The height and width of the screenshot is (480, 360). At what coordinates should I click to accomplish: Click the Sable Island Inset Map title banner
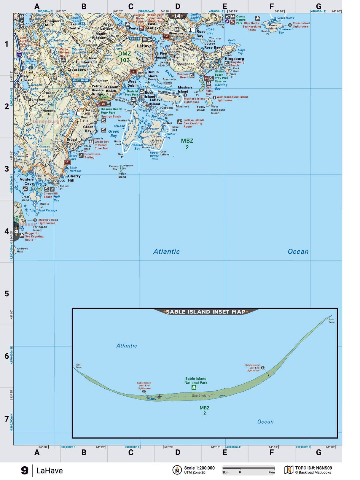click(206, 312)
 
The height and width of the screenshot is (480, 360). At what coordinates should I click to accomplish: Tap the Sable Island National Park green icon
click(194, 387)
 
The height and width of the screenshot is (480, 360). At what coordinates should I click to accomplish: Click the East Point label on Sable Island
click(331, 321)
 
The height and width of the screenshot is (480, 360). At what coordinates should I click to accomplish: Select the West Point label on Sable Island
click(78, 366)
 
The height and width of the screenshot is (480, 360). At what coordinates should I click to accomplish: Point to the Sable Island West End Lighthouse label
click(144, 386)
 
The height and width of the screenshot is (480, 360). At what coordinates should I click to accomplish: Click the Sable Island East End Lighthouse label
click(253, 368)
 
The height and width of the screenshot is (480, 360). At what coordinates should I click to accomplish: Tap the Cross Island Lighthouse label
click(301, 25)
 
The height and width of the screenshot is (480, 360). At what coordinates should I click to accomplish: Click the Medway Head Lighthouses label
click(48, 222)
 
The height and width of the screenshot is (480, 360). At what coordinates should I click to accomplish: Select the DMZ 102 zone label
click(125, 57)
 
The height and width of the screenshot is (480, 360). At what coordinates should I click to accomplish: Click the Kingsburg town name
click(234, 59)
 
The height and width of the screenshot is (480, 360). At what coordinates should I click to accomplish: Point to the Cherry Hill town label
click(74, 178)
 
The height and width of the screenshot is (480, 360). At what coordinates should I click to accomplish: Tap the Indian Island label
click(122, 175)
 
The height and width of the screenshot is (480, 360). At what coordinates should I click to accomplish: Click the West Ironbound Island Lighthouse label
click(232, 98)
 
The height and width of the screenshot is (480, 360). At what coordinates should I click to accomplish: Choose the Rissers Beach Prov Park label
click(111, 111)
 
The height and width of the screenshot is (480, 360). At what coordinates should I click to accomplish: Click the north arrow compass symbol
click(177, 470)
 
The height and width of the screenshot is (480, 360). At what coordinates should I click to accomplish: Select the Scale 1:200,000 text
click(199, 468)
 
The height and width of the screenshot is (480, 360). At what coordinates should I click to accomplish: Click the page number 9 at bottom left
click(25, 471)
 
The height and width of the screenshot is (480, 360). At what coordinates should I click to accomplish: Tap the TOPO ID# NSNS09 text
click(313, 468)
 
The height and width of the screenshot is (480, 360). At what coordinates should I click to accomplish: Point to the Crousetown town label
click(78, 70)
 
